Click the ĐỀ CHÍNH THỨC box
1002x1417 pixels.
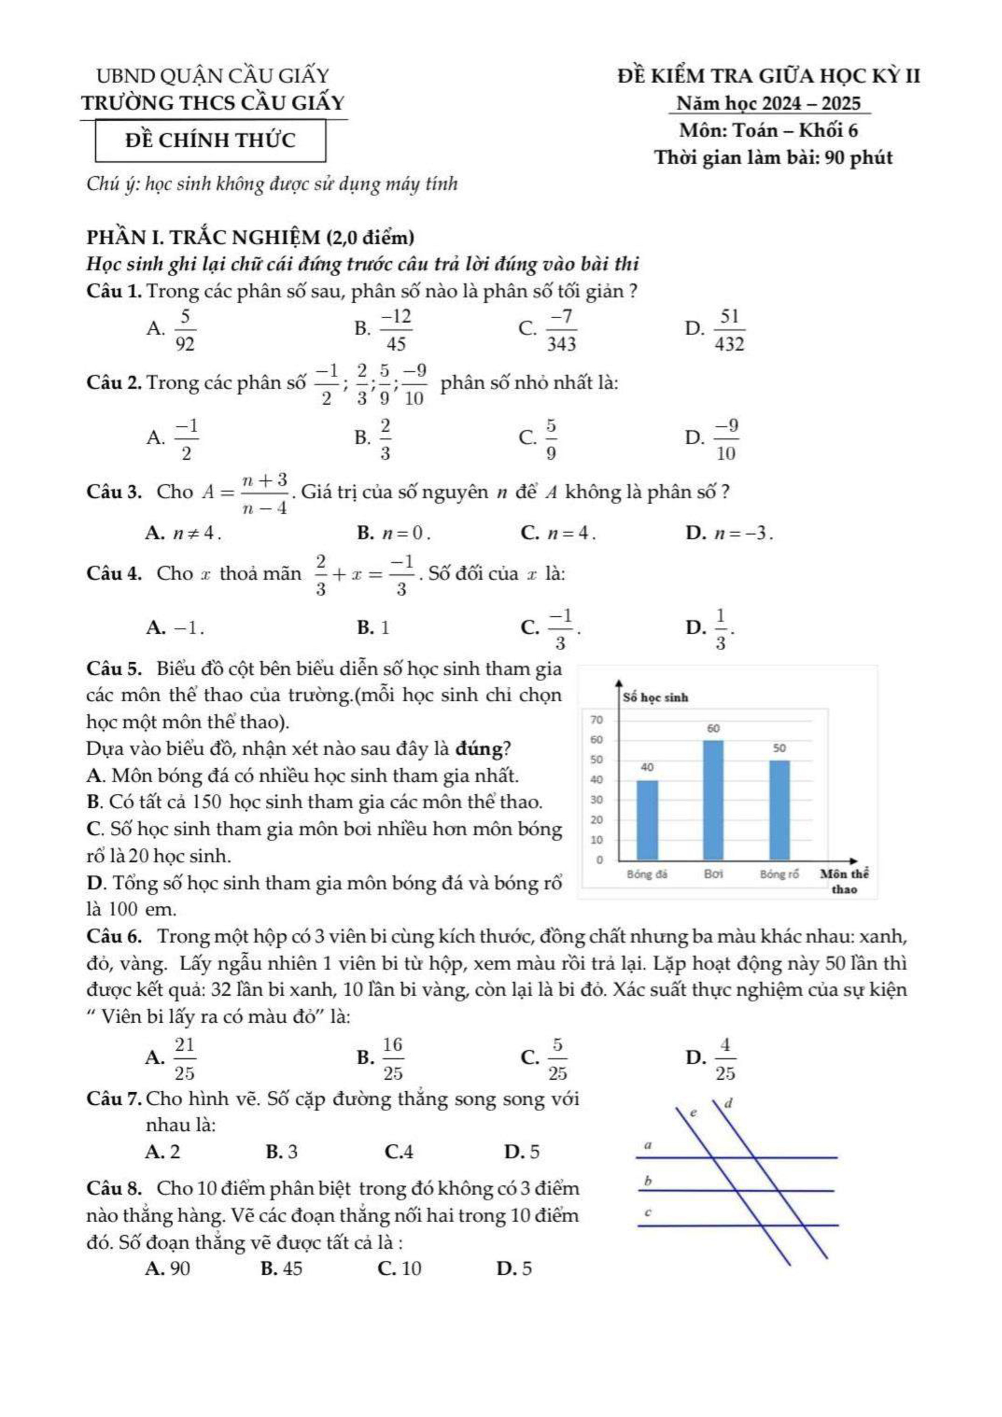[210, 141]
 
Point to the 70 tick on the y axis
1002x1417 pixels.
[596, 720]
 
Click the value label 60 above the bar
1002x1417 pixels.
[713, 728]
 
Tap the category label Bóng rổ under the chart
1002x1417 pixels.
[779, 875]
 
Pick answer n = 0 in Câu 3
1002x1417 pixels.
[404, 533]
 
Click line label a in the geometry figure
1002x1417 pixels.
[648, 1145]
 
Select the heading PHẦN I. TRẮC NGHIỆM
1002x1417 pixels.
[250, 238]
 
